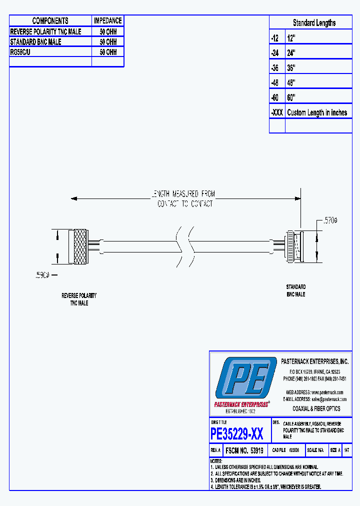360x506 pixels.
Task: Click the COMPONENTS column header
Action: (x=50, y=20)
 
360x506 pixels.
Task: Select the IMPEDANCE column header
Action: (x=107, y=20)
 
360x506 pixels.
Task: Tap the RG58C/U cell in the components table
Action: (x=23, y=52)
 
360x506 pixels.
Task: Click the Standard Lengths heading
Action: (x=314, y=23)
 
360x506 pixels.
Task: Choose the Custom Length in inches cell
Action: (x=316, y=112)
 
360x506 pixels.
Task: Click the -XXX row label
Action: (x=277, y=112)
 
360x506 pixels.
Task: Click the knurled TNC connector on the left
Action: (x=80, y=246)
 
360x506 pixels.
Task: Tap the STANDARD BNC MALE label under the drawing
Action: (x=295, y=290)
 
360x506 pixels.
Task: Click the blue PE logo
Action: (x=245, y=378)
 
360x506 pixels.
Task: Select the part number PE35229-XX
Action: (x=237, y=433)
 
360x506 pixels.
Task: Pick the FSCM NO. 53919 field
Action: (x=244, y=450)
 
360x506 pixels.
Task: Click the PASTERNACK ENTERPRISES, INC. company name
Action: (x=314, y=361)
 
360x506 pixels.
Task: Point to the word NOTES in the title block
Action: (x=216, y=460)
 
